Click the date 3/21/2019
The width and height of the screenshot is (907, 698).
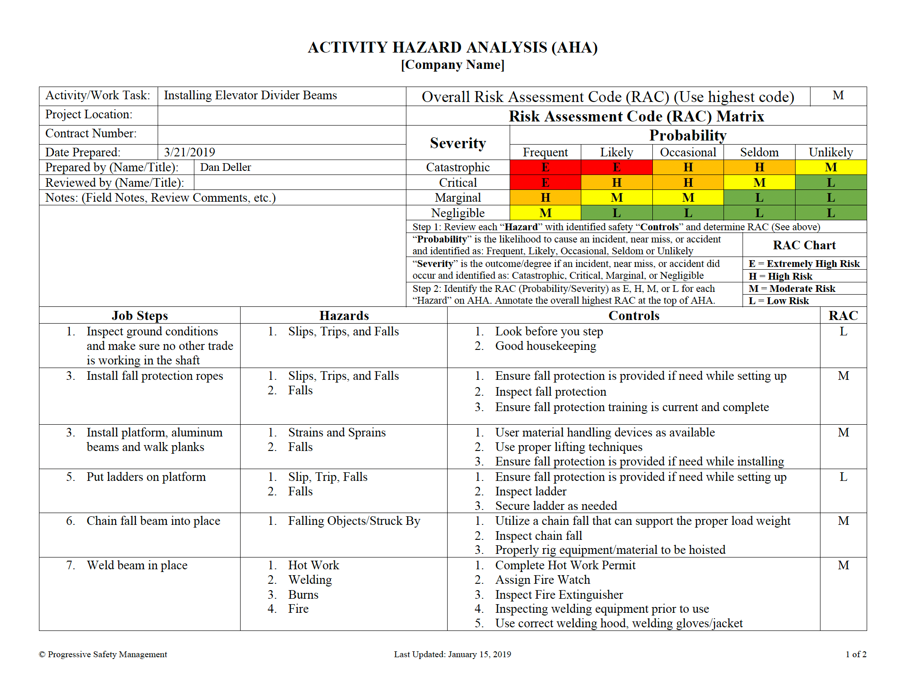point(189,152)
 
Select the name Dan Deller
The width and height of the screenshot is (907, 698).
point(225,167)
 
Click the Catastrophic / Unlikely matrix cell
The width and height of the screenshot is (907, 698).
point(830,167)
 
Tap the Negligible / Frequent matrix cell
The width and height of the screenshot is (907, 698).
point(545,213)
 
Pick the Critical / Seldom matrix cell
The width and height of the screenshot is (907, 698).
point(759,183)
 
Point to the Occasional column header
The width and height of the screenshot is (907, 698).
point(688,152)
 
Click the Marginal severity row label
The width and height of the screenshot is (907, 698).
point(458,198)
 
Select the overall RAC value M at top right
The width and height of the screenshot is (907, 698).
point(838,96)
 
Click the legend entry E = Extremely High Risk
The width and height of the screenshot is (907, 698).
point(804,264)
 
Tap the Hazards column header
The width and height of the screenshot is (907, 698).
point(344,315)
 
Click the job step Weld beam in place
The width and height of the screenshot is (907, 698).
point(137,565)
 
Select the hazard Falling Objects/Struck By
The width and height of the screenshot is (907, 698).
point(354,521)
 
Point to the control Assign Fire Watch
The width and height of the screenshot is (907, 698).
point(542,580)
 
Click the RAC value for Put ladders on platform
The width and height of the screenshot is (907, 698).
point(843,477)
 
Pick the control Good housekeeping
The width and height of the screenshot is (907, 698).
point(545,346)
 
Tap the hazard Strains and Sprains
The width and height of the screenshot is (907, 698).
point(337,432)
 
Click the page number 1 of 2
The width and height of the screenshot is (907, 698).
point(855,654)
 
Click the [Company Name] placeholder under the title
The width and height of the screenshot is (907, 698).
point(453,65)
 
